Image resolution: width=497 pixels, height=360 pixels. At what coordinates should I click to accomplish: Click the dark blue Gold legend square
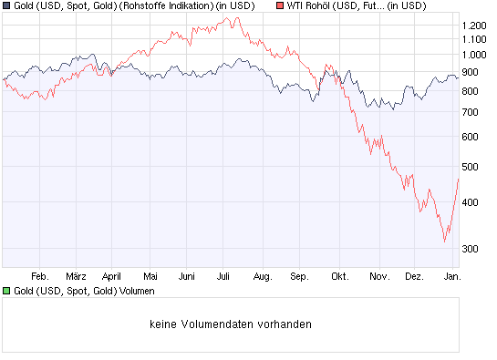tap(6, 5)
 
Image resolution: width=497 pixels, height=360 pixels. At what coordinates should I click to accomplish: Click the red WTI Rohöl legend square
tap(279, 5)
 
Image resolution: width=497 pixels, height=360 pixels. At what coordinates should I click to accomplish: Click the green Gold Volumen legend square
tap(6, 291)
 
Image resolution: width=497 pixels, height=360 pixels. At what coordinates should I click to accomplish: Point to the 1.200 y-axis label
tap(474, 26)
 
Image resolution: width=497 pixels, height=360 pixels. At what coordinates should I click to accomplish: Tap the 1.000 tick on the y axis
tap(474, 53)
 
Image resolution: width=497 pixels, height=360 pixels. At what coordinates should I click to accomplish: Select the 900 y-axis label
tap(471, 71)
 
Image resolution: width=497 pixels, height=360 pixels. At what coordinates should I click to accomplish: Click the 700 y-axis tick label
tap(471, 112)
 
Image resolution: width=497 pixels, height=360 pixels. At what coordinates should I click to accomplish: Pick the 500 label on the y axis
tap(471, 167)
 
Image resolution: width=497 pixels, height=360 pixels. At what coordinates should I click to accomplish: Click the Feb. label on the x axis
tap(39, 274)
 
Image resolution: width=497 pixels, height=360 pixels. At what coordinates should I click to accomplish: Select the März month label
tap(76, 274)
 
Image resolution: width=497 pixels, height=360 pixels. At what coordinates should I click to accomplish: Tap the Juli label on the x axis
tap(224, 274)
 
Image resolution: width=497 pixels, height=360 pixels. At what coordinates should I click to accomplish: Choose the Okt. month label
tap(340, 274)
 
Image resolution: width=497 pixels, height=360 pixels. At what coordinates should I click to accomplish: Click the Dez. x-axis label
tap(413, 274)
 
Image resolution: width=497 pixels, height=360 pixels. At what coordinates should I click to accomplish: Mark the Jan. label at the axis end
tap(450, 274)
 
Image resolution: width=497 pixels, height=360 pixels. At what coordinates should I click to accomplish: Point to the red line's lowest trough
tap(444, 242)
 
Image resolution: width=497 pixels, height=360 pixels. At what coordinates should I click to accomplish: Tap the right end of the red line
tap(458, 179)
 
